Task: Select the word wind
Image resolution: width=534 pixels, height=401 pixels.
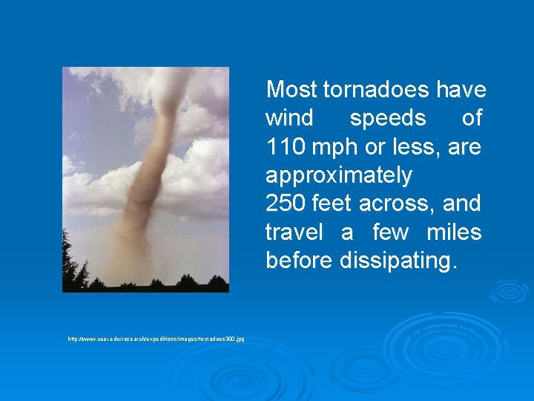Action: click(x=289, y=118)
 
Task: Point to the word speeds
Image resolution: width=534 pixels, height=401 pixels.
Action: click(x=388, y=119)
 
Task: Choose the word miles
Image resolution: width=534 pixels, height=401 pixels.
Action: click(x=454, y=232)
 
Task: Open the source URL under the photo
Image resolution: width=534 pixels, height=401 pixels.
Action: click(x=156, y=339)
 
